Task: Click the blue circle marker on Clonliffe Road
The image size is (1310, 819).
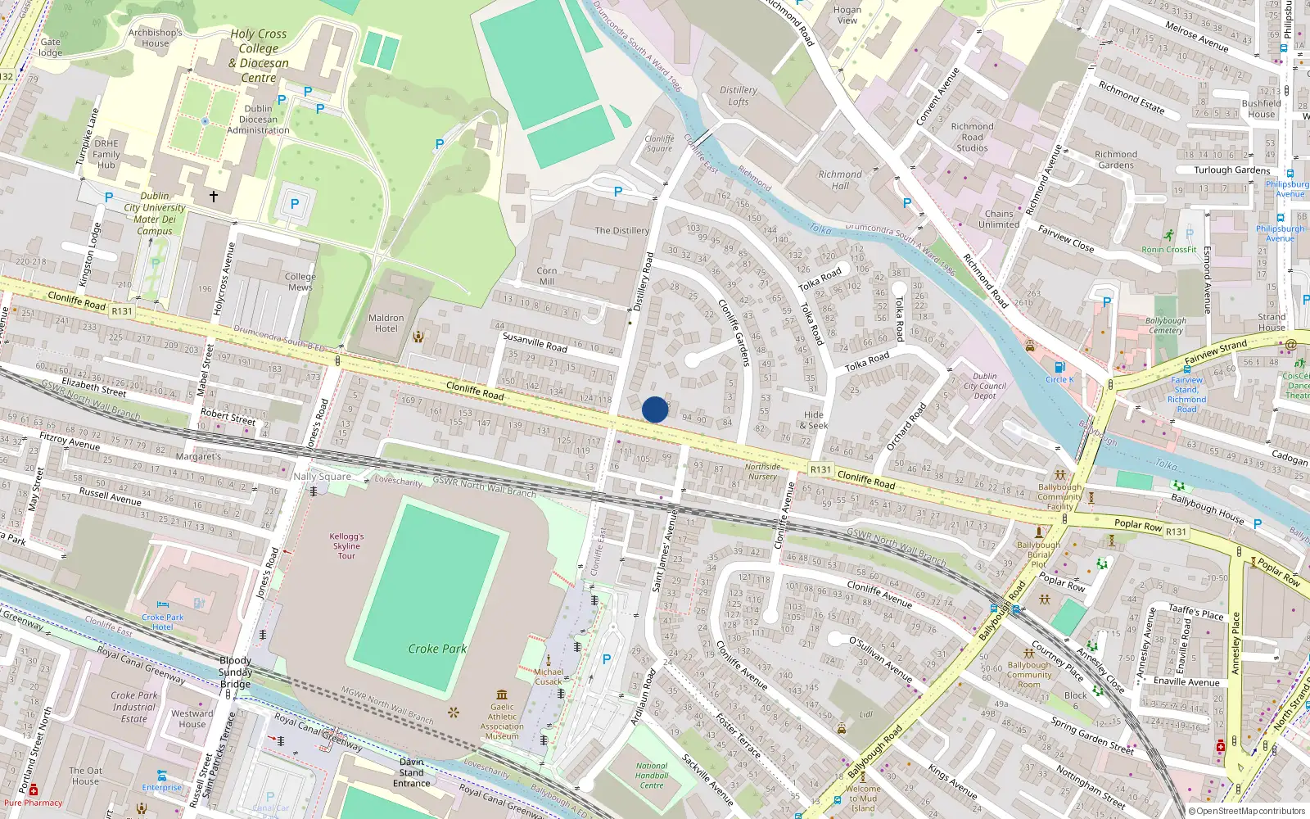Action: [x=655, y=409]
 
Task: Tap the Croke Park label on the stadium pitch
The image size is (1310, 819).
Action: [x=437, y=649]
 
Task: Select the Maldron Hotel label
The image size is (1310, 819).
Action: [x=386, y=323]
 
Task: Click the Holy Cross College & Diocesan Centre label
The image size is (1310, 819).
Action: [x=259, y=56]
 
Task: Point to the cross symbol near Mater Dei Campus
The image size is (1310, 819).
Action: [x=214, y=197]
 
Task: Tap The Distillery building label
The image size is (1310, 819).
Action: [x=621, y=231]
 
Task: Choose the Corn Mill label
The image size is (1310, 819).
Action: [x=546, y=276]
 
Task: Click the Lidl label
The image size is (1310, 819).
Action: [x=866, y=714]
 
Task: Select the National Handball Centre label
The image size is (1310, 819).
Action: [x=652, y=776]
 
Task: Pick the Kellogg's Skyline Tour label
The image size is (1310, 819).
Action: [x=346, y=546]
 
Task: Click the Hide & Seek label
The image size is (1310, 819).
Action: [x=814, y=420]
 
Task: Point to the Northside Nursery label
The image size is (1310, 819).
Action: [x=762, y=472]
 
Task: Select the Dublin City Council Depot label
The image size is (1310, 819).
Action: [x=985, y=387]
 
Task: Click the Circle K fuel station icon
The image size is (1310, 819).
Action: [x=1059, y=368]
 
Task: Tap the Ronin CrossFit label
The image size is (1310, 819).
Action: [x=1169, y=249]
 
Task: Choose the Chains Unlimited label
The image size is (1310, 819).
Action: [x=999, y=219]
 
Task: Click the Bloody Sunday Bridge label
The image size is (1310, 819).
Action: [x=236, y=672]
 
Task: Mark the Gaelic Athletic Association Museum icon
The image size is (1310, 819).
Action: [x=502, y=695]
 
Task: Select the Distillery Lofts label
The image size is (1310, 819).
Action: [x=739, y=96]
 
